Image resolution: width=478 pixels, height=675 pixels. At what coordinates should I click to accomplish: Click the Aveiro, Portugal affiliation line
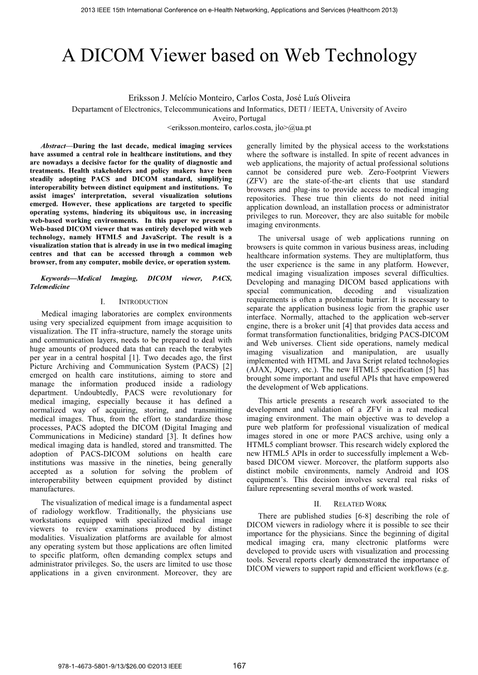(x=239, y=118)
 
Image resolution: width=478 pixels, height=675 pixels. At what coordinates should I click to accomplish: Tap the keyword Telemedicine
(x=50, y=287)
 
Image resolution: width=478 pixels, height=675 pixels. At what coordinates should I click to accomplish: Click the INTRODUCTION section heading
(x=143, y=302)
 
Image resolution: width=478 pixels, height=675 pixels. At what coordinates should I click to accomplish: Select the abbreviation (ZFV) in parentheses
(x=258, y=181)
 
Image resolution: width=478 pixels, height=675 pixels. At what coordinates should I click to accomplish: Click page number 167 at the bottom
(x=239, y=666)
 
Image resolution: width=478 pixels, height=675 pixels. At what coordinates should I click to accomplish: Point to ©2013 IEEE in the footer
(x=165, y=666)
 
